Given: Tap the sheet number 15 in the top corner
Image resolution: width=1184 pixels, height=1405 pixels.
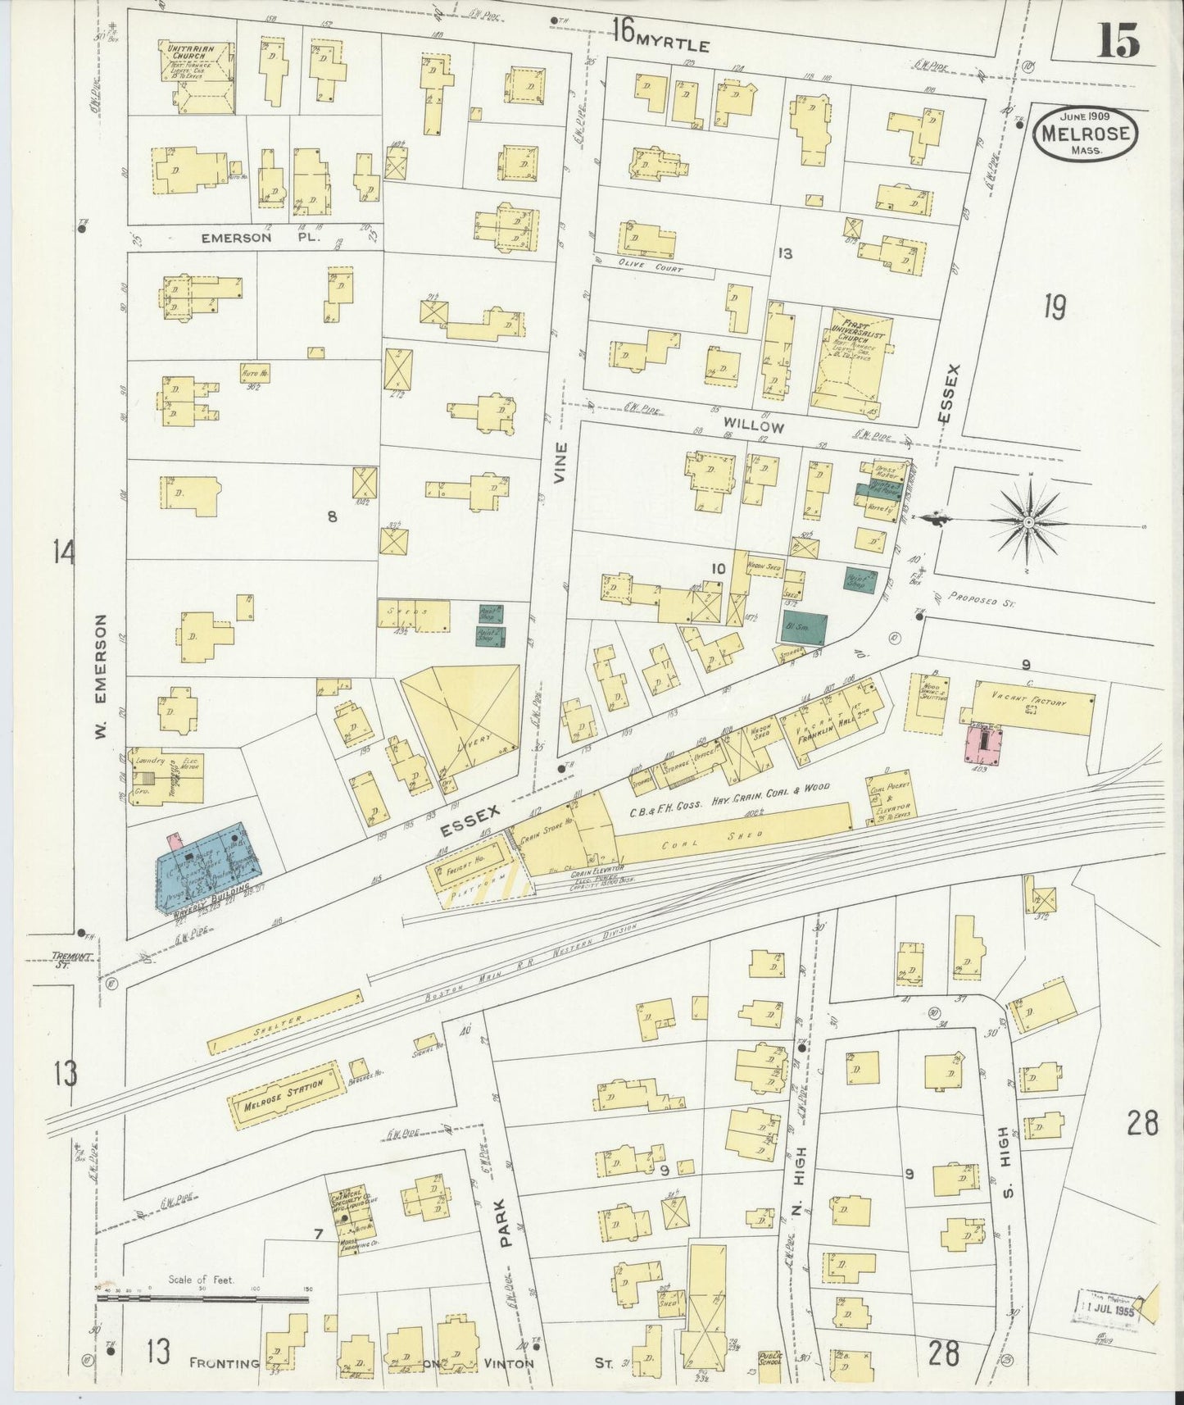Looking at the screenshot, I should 1118,41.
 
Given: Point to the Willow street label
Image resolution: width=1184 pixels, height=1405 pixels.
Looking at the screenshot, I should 753,427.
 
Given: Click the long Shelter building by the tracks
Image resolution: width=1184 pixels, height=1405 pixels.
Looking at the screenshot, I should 285,1021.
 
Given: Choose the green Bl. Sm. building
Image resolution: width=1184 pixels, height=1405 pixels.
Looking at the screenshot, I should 804,629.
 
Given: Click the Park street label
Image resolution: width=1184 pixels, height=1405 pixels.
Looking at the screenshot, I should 505,1225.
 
